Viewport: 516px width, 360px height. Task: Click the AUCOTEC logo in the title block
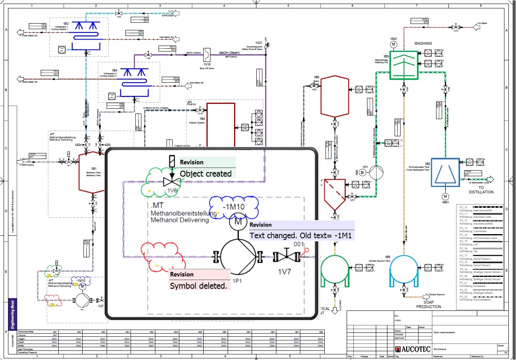click(x=413, y=349)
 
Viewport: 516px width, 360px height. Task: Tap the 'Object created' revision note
click(x=206, y=174)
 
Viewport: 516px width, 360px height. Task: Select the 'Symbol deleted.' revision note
click(x=198, y=286)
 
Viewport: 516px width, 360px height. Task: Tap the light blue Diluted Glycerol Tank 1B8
click(x=404, y=271)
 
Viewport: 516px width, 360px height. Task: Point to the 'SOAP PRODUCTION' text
click(x=429, y=304)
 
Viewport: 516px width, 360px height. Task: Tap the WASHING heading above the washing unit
click(x=423, y=43)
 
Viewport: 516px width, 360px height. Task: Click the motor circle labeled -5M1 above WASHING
click(x=393, y=44)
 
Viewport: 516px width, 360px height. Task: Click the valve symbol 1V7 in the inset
click(x=286, y=257)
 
